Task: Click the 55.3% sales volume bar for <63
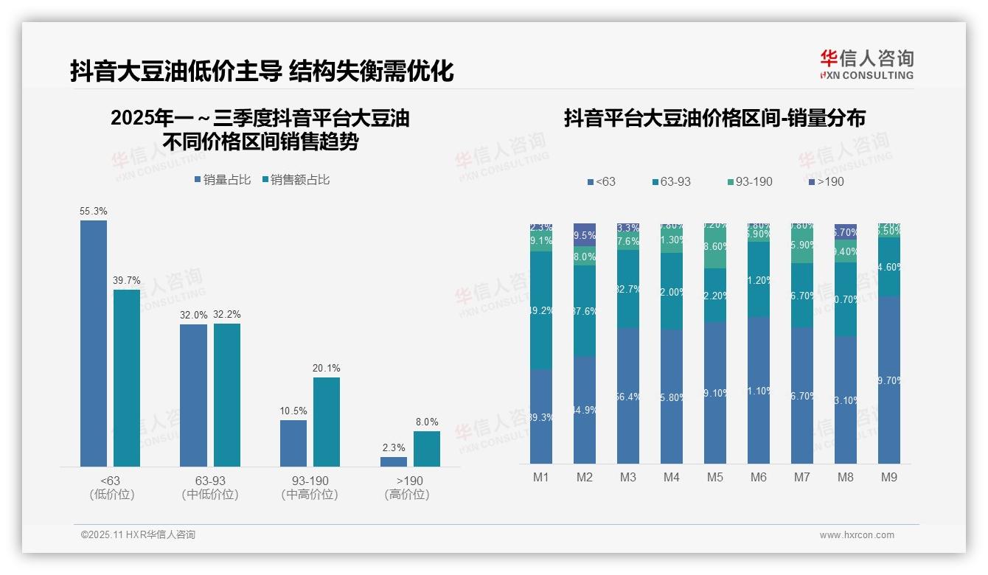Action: tap(94, 343)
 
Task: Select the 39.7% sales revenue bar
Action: tap(127, 377)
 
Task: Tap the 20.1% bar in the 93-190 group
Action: tap(327, 422)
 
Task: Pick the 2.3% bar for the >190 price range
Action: tap(394, 461)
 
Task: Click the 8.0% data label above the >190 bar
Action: tap(426, 422)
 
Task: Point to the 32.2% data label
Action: tap(227, 315)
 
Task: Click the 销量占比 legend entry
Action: tap(222, 180)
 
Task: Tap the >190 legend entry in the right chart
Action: tap(825, 181)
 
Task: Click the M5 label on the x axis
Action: tap(714, 478)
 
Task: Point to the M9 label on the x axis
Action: tap(888, 478)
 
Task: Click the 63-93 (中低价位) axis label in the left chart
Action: tap(210, 487)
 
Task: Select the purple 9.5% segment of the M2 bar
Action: tap(585, 234)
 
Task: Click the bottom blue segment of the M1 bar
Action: tap(541, 417)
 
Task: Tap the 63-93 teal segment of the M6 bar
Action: tap(759, 279)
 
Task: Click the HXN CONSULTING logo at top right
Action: tap(866, 65)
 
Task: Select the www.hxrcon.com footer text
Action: tap(857, 535)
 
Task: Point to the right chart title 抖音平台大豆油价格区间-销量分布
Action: tap(714, 118)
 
